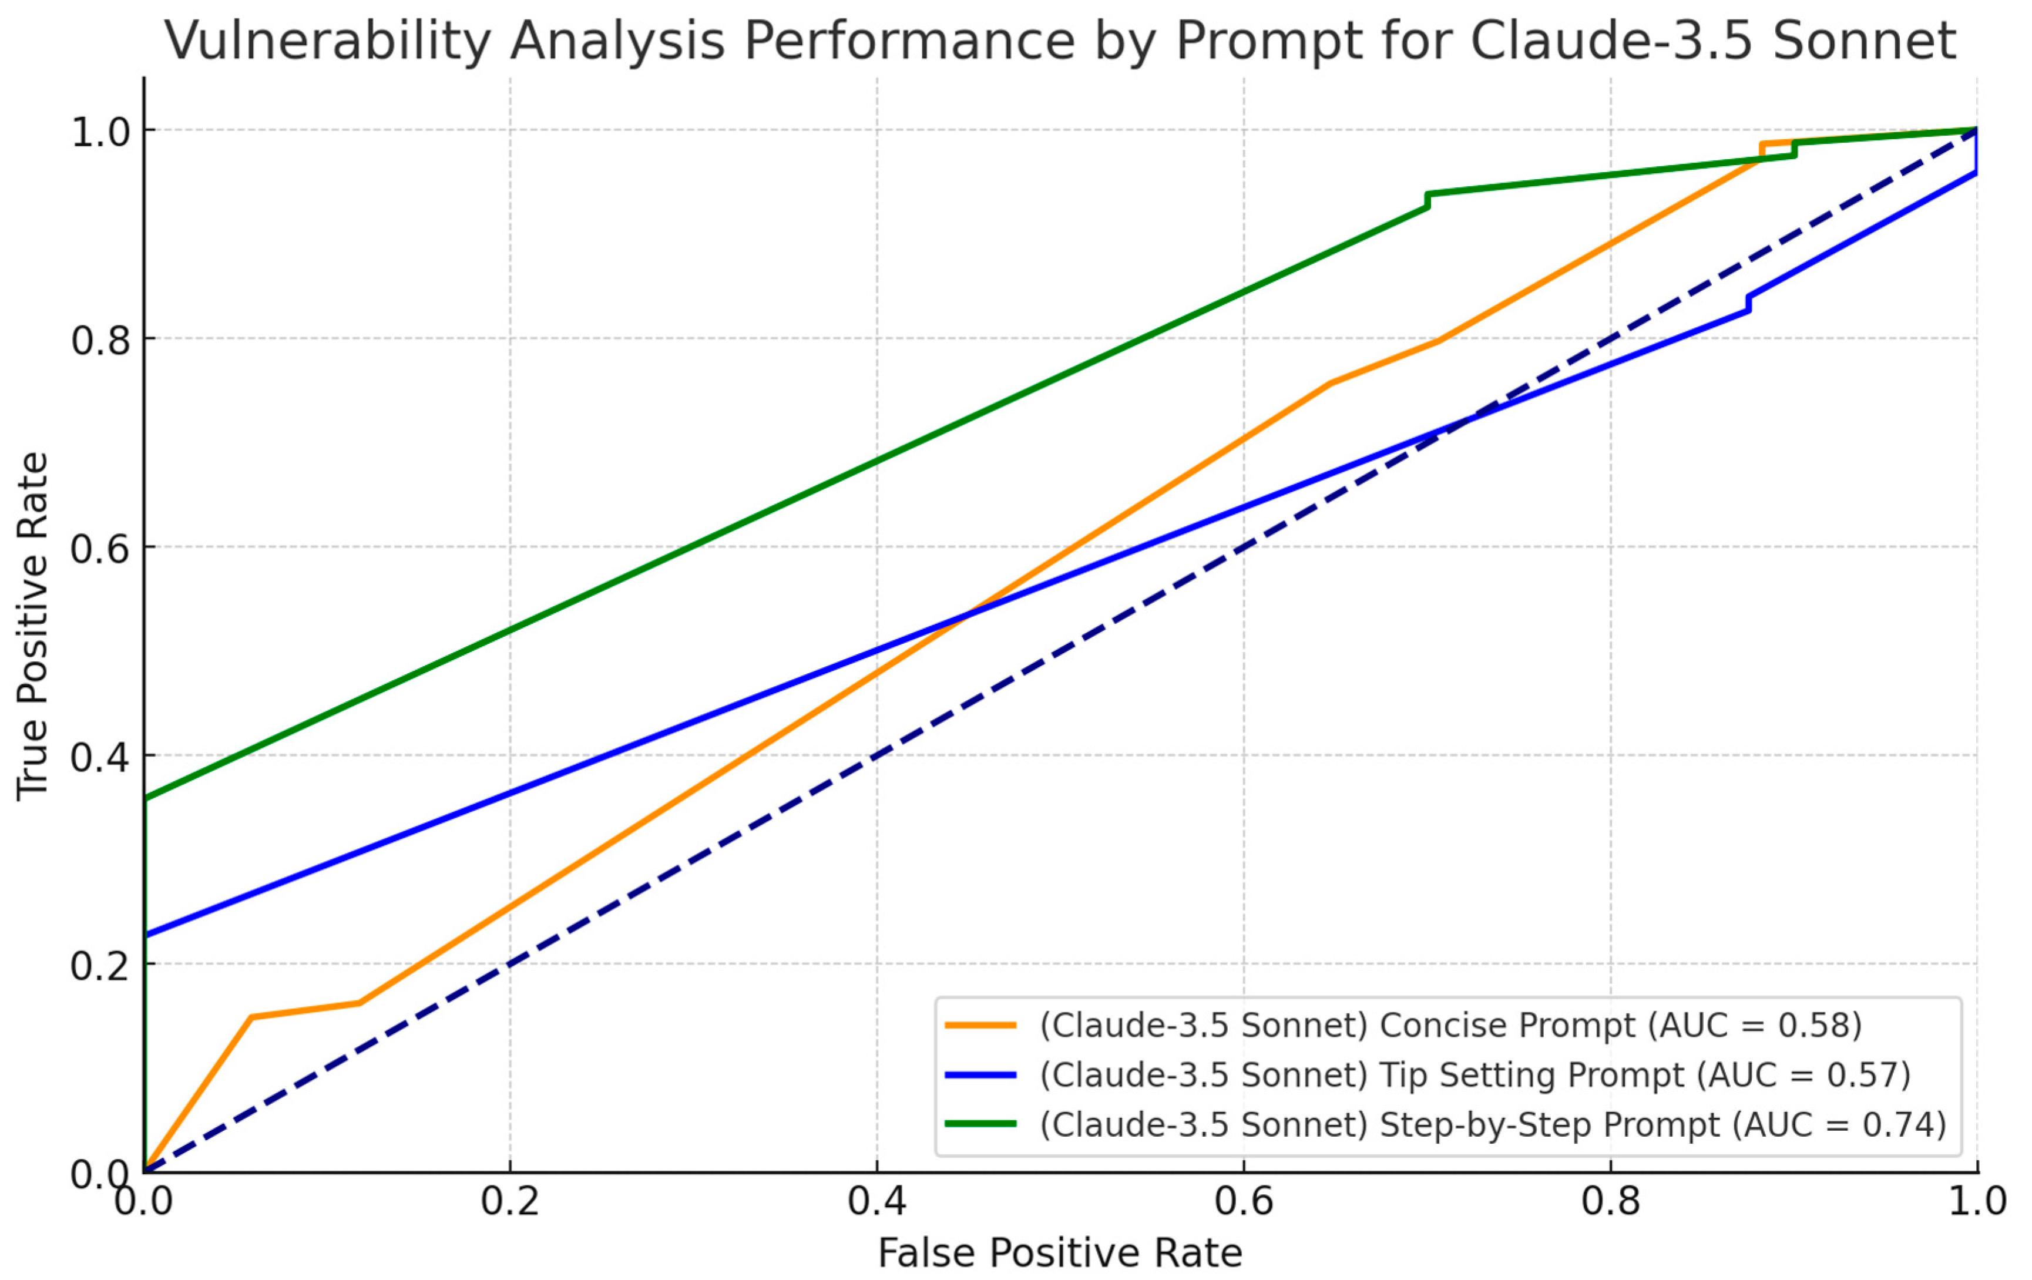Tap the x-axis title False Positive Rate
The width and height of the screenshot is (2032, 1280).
[x=1059, y=1253]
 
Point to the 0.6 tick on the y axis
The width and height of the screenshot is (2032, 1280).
[x=100, y=547]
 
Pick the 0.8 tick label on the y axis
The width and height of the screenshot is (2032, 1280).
[x=100, y=339]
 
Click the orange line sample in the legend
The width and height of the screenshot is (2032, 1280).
[x=980, y=1025]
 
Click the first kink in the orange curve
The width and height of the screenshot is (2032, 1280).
[x=251, y=1017]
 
